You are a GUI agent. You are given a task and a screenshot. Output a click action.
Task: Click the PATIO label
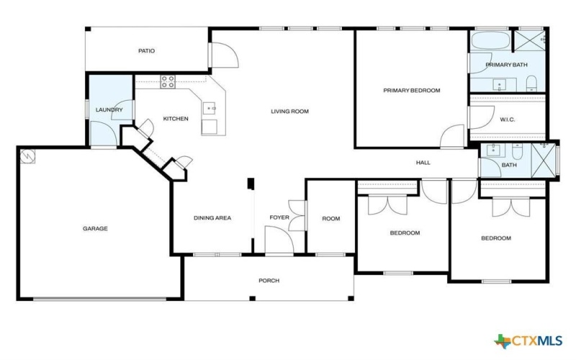[147, 51]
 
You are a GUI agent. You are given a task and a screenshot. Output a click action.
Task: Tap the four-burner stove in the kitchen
[168, 81]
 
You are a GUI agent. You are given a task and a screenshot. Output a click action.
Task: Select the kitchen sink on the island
[210, 109]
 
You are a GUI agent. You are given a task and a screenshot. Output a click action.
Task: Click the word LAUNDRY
[109, 110]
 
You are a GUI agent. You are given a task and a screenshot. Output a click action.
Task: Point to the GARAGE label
[95, 228]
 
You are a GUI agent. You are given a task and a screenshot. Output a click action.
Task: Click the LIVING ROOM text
[289, 111]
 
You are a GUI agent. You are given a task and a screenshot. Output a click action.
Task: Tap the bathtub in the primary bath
[490, 40]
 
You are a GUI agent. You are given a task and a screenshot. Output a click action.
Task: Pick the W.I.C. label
[508, 120]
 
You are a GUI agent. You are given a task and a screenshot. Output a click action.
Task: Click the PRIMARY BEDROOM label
[411, 91]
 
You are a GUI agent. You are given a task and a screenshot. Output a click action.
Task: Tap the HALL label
[423, 163]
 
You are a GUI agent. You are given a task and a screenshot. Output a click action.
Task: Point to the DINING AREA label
[212, 218]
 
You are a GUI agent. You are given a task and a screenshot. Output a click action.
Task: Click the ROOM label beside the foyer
[330, 219]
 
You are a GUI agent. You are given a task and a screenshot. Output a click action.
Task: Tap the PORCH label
[269, 281]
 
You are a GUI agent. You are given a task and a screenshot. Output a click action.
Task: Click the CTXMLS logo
[529, 340]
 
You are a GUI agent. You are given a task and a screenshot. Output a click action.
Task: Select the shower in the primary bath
[532, 39]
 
